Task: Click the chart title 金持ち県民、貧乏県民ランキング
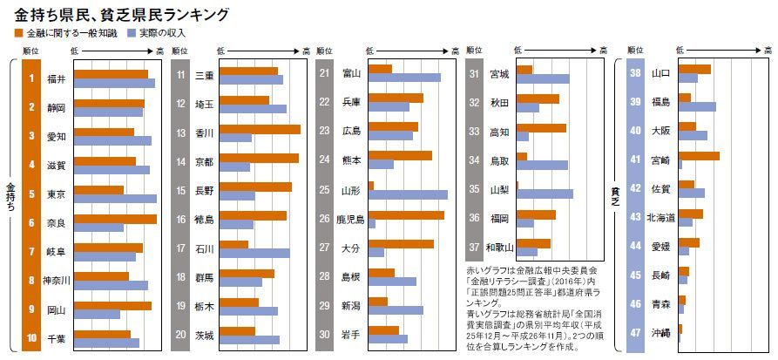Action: click(x=123, y=15)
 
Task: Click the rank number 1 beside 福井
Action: click(x=31, y=79)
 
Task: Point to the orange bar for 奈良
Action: click(x=115, y=219)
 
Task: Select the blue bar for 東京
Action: click(x=115, y=199)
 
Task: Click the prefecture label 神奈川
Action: click(x=56, y=280)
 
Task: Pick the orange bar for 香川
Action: click(x=260, y=129)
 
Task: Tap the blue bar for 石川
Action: click(x=254, y=253)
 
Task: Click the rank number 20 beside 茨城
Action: click(x=180, y=335)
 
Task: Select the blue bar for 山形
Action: click(x=408, y=194)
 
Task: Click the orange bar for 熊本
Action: click(x=400, y=156)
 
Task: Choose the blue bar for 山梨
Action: click(x=545, y=194)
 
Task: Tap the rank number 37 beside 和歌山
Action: click(x=474, y=248)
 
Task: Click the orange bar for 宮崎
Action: click(x=699, y=156)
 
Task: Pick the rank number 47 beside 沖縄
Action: click(x=635, y=334)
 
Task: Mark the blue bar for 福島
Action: click(x=697, y=107)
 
